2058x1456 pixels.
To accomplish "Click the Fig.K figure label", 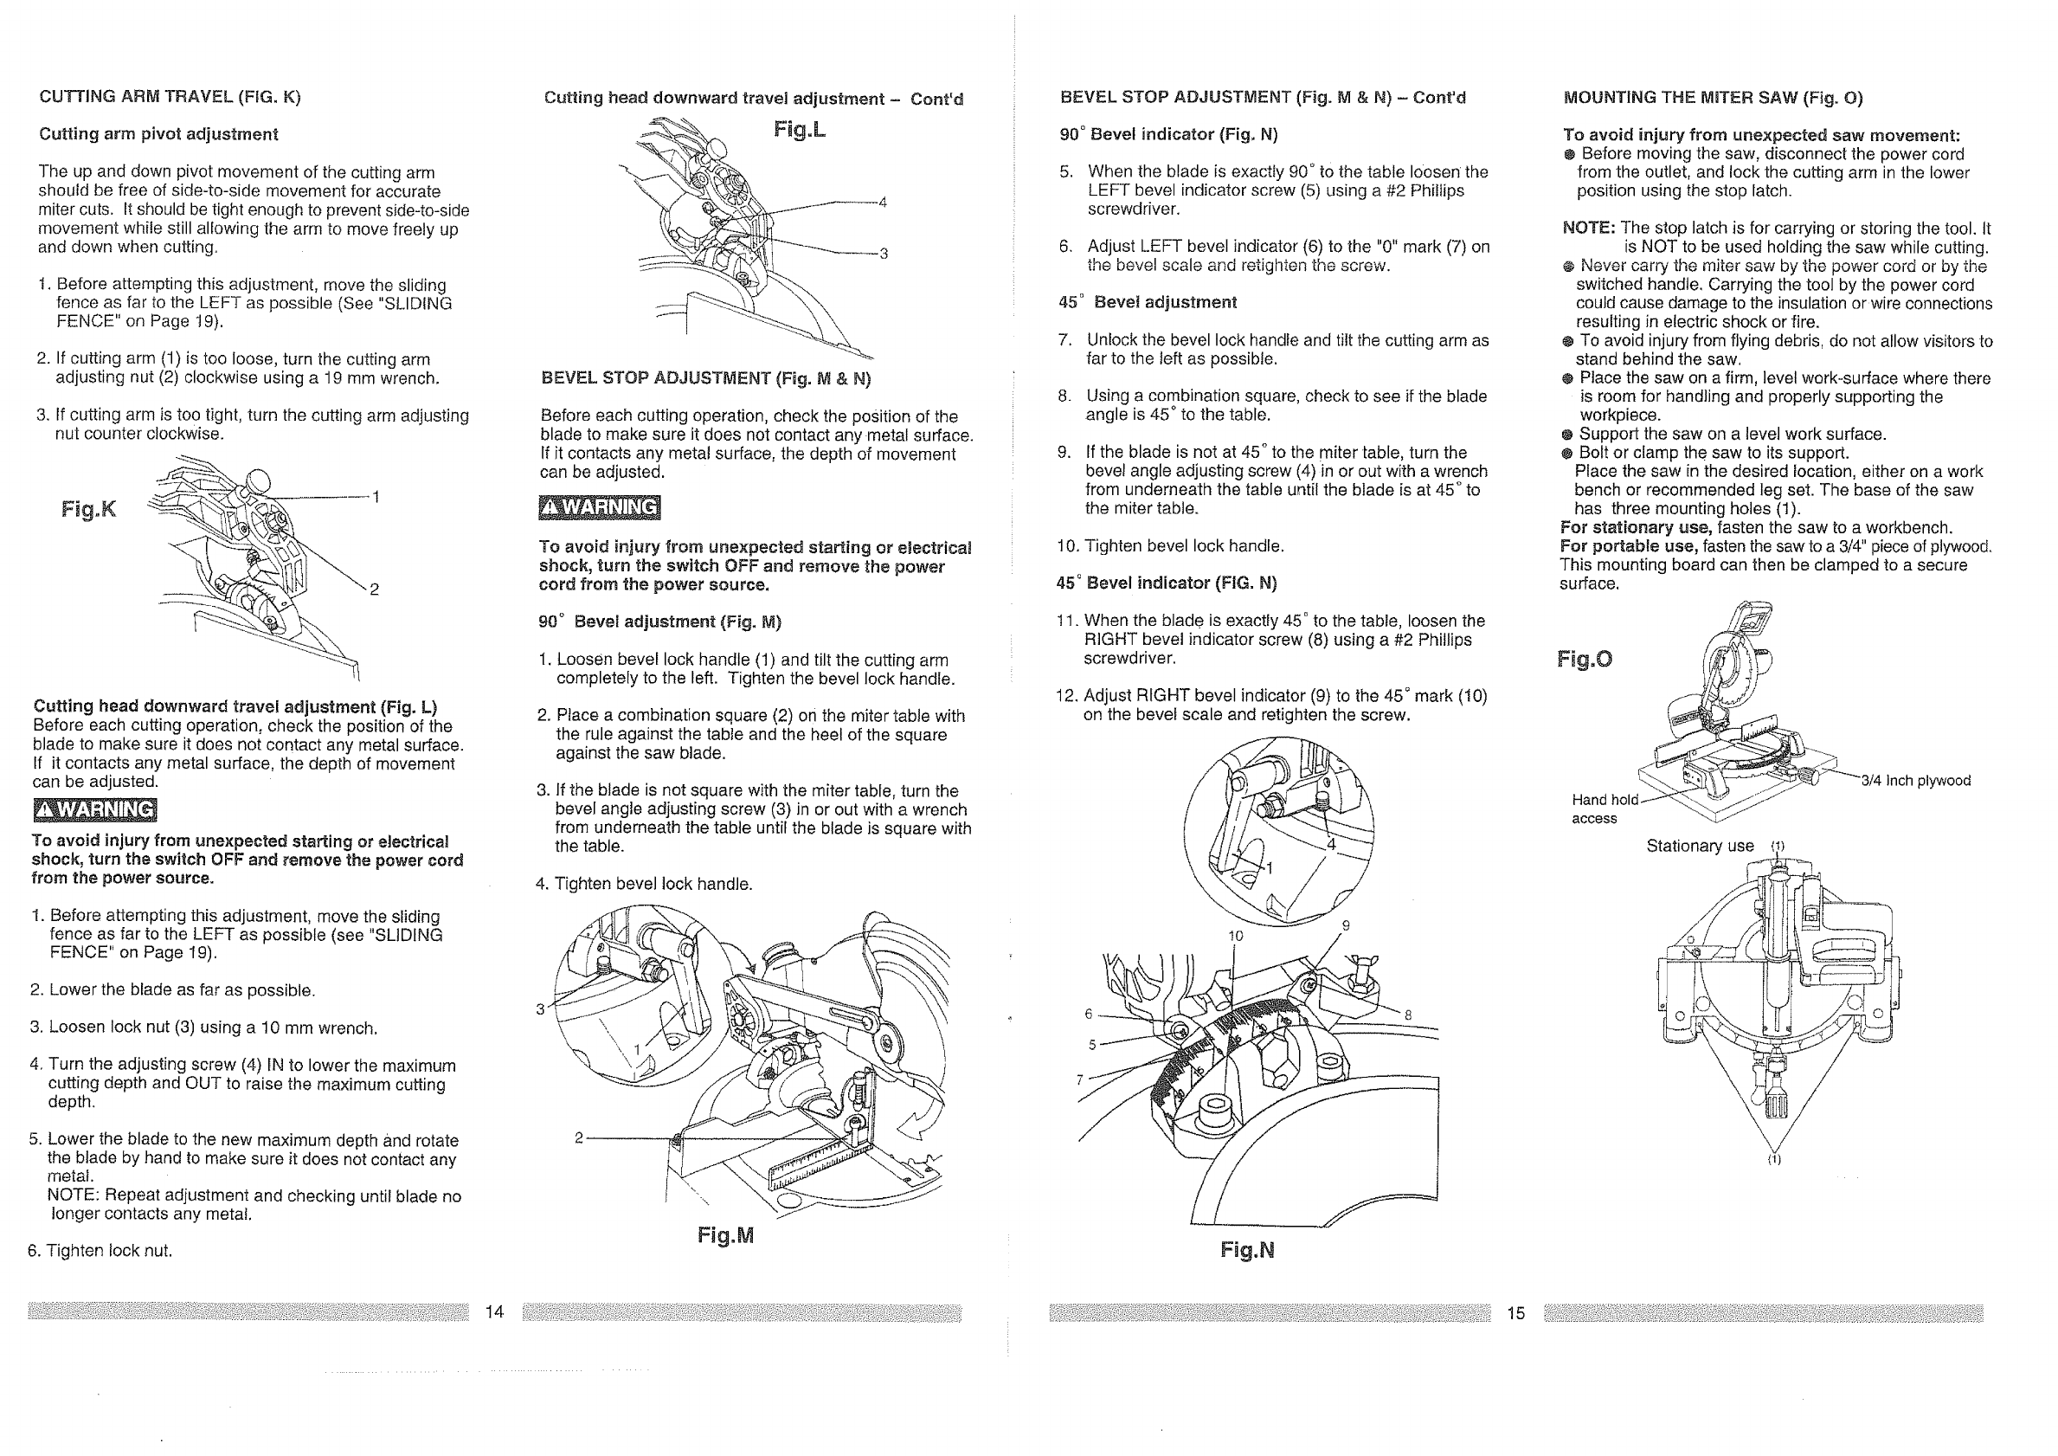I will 89,509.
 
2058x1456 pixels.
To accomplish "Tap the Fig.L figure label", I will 800,130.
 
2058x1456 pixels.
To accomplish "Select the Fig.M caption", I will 726,1235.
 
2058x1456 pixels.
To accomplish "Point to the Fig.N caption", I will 1247,1250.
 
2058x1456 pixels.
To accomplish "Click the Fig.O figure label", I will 1584,659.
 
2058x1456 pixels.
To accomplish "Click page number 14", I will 495,1311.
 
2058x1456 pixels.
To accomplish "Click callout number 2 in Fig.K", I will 375,589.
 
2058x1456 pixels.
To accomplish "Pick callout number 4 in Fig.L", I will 882,203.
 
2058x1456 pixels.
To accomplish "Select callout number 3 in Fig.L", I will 883,254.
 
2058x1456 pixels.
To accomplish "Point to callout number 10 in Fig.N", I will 1235,936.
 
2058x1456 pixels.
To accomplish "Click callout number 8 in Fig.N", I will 1408,1015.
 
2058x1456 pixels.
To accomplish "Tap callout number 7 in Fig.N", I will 1080,1079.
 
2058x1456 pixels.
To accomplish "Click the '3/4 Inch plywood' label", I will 1915,780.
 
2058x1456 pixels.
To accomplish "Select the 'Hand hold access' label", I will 1604,809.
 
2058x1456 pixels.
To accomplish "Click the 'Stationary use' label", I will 1700,846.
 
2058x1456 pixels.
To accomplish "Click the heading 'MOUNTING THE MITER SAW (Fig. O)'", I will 1713,98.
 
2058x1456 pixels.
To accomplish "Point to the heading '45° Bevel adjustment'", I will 1148,302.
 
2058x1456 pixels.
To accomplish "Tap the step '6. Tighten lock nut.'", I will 100,1250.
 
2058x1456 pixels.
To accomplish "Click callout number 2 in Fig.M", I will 579,1137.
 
